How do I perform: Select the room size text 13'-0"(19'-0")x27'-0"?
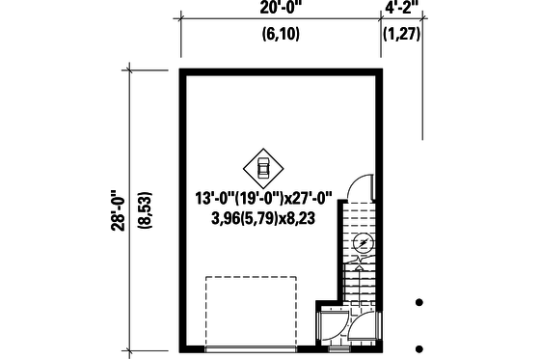tap(261, 199)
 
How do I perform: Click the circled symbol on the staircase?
tap(363, 242)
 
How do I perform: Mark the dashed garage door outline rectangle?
tap(253, 311)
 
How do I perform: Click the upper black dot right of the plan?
tap(418, 302)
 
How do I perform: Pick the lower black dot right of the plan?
tap(418, 347)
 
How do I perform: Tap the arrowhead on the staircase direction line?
tap(363, 259)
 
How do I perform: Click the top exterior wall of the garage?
tap(280, 72)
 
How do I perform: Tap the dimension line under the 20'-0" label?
tap(280, 19)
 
